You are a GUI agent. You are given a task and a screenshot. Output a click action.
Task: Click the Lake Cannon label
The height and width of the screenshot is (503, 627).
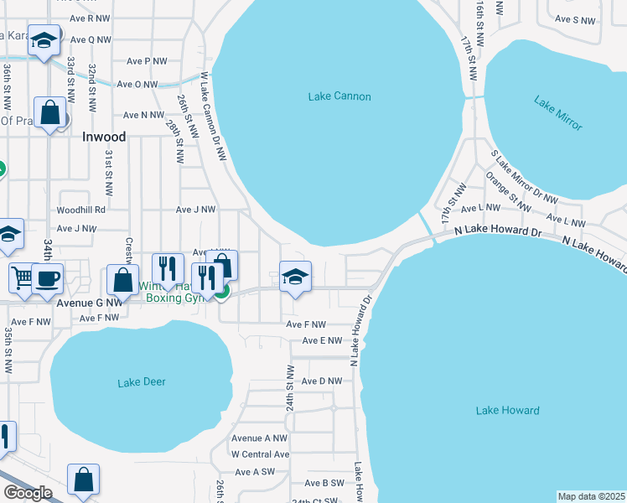339,96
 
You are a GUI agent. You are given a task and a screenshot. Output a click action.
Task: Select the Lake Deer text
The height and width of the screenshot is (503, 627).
142,382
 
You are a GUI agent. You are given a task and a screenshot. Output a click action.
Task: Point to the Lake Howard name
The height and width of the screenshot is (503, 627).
507,411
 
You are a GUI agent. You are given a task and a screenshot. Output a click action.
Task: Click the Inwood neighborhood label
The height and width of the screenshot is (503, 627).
104,137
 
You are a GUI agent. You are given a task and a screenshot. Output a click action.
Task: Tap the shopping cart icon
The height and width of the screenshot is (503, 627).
23,277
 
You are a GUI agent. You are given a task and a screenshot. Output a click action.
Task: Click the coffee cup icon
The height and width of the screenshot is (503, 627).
47,278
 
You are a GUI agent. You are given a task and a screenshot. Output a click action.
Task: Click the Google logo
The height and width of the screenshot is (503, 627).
28,493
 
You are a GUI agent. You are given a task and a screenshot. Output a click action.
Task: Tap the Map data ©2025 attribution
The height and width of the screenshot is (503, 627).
592,496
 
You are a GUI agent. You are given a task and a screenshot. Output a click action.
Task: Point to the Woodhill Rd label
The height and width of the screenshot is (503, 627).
81,210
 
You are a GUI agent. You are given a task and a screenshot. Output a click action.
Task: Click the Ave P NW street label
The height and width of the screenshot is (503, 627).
147,61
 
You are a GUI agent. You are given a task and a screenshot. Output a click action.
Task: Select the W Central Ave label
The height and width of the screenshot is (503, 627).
260,454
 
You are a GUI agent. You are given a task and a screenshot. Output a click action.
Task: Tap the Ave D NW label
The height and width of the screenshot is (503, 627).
323,381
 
